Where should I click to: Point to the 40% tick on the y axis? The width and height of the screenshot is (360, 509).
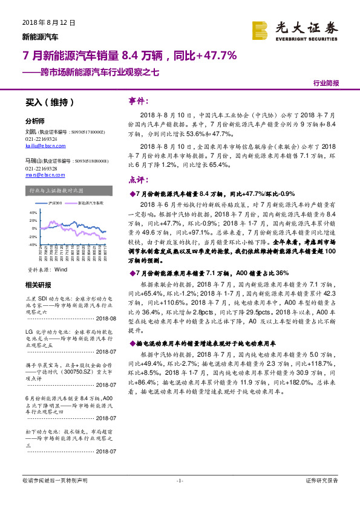coord(33,213)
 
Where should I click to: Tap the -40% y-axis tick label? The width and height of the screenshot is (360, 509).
coord(33,244)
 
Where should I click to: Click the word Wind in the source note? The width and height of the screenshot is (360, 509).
coord(61,269)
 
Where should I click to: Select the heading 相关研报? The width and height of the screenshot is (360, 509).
coord(39,285)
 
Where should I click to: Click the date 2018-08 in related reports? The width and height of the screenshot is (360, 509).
coord(105,319)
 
